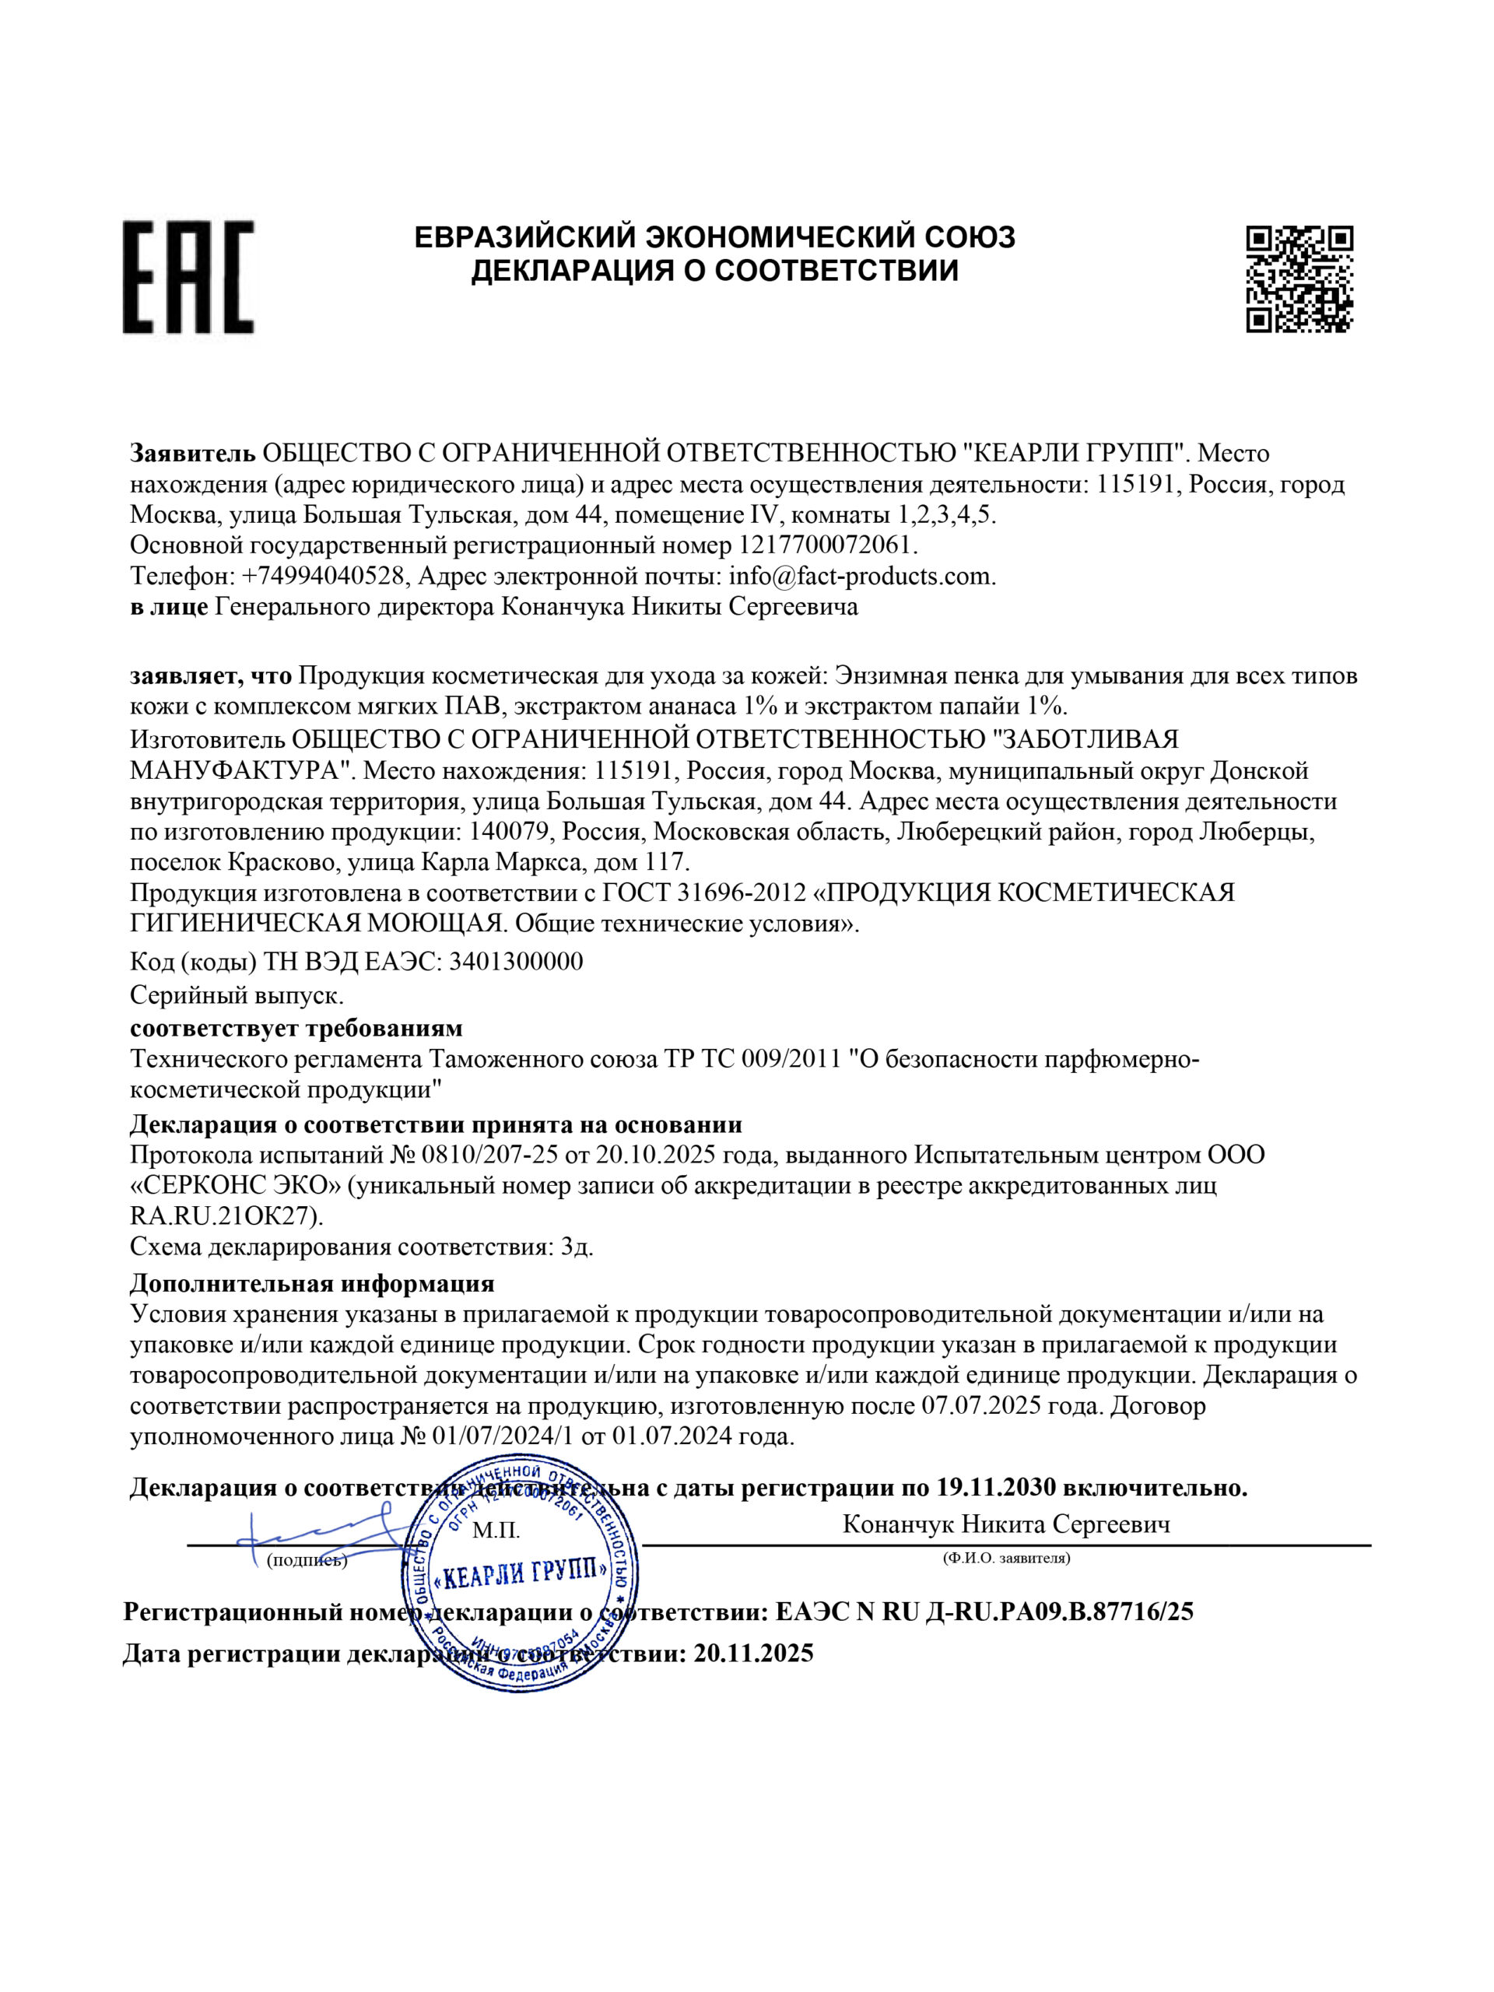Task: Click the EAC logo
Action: pos(188,276)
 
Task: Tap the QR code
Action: pos(1299,279)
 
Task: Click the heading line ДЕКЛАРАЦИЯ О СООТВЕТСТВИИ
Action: pos(714,270)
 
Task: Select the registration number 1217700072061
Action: pos(826,545)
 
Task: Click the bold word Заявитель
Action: pos(192,453)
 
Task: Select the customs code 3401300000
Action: pos(515,962)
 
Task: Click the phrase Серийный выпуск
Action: pos(237,996)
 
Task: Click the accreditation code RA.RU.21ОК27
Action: pos(226,1215)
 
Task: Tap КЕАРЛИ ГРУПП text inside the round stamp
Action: pos(521,1574)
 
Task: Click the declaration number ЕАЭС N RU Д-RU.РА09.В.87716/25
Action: pos(984,1611)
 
